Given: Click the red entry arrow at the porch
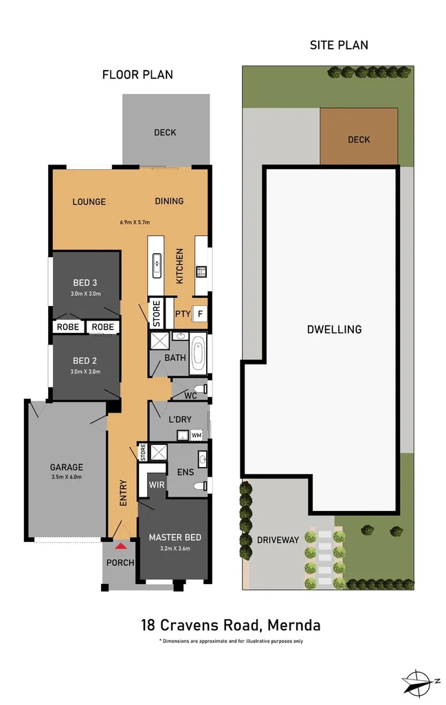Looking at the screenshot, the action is [x=120, y=546].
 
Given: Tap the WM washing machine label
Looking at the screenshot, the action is [x=197, y=435].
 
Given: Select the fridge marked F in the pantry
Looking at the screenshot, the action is [x=200, y=314].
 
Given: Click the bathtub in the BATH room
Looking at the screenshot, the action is [x=198, y=353].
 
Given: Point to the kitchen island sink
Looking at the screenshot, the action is [x=157, y=265].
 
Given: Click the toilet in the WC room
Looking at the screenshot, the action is [x=201, y=389].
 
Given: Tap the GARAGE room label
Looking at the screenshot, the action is [x=67, y=467].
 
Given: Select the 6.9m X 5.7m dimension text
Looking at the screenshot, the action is [x=135, y=222].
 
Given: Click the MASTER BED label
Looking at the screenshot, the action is [x=175, y=537].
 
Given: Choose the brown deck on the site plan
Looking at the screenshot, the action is [x=359, y=136].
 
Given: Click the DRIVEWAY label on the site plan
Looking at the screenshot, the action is [x=278, y=540].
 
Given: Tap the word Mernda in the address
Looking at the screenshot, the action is [x=293, y=625].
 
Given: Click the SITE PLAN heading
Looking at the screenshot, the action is [x=339, y=45].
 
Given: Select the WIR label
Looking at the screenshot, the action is [x=157, y=485].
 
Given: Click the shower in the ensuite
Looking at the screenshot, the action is [x=159, y=453].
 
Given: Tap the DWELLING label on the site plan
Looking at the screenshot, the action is [x=334, y=329].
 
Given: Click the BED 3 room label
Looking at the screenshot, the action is [x=85, y=283].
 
